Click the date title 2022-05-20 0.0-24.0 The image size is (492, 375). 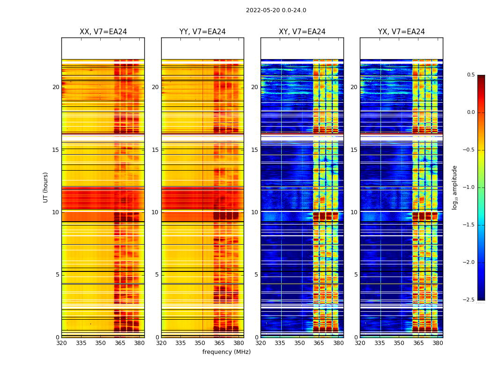pyautogui.click(x=276, y=10)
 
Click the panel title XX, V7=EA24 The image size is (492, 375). pyautogui.click(x=103, y=32)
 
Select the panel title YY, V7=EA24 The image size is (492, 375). pyautogui.click(x=202, y=32)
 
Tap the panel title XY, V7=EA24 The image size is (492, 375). pyautogui.click(x=302, y=32)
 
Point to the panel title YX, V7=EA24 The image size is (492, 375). pyautogui.click(x=402, y=32)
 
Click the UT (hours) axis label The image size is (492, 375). pyautogui.click(x=46, y=187)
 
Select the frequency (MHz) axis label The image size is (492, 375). pyautogui.click(x=226, y=352)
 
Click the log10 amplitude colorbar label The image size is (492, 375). pyautogui.click(x=455, y=187)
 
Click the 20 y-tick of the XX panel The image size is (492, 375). pyautogui.click(x=56, y=87)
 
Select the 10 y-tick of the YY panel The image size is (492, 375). pyautogui.click(x=156, y=212)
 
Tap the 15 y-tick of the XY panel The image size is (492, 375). pyautogui.click(x=255, y=150)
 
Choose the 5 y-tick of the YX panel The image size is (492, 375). pyautogui.click(x=356, y=275)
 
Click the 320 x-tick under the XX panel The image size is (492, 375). pyautogui.click(x=61, y=343)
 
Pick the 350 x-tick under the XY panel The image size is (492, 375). pyautogui.click(x=299, y=343)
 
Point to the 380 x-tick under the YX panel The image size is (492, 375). pyautogui.click(x=438, y=343)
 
